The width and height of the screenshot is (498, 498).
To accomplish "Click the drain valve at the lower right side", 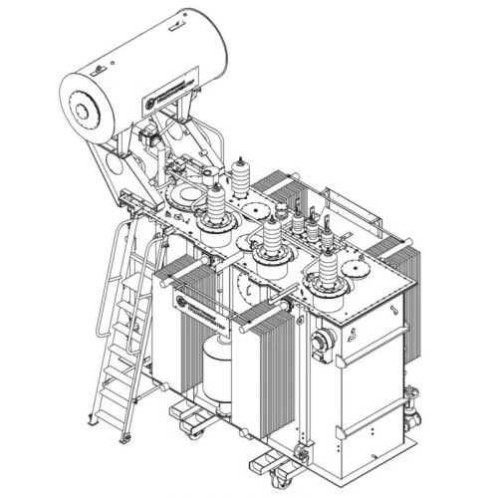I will (x=410, y=404).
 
